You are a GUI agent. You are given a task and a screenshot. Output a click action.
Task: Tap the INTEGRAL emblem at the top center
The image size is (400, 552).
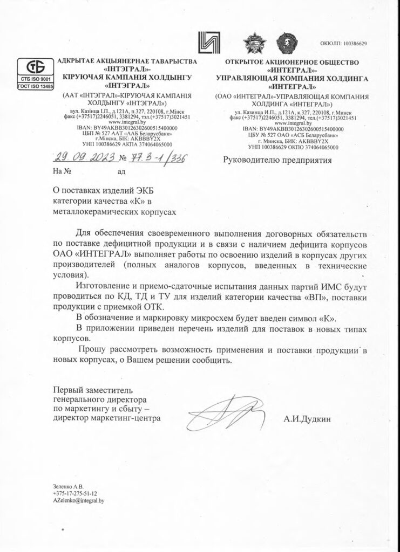pos(212,43)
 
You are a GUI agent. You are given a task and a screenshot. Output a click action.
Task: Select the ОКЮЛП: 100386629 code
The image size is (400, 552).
pos(344,43)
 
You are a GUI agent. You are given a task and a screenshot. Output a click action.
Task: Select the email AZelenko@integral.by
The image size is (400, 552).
pos(78,501)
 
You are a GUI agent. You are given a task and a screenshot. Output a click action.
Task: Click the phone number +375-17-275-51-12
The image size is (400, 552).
pos(75,493)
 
